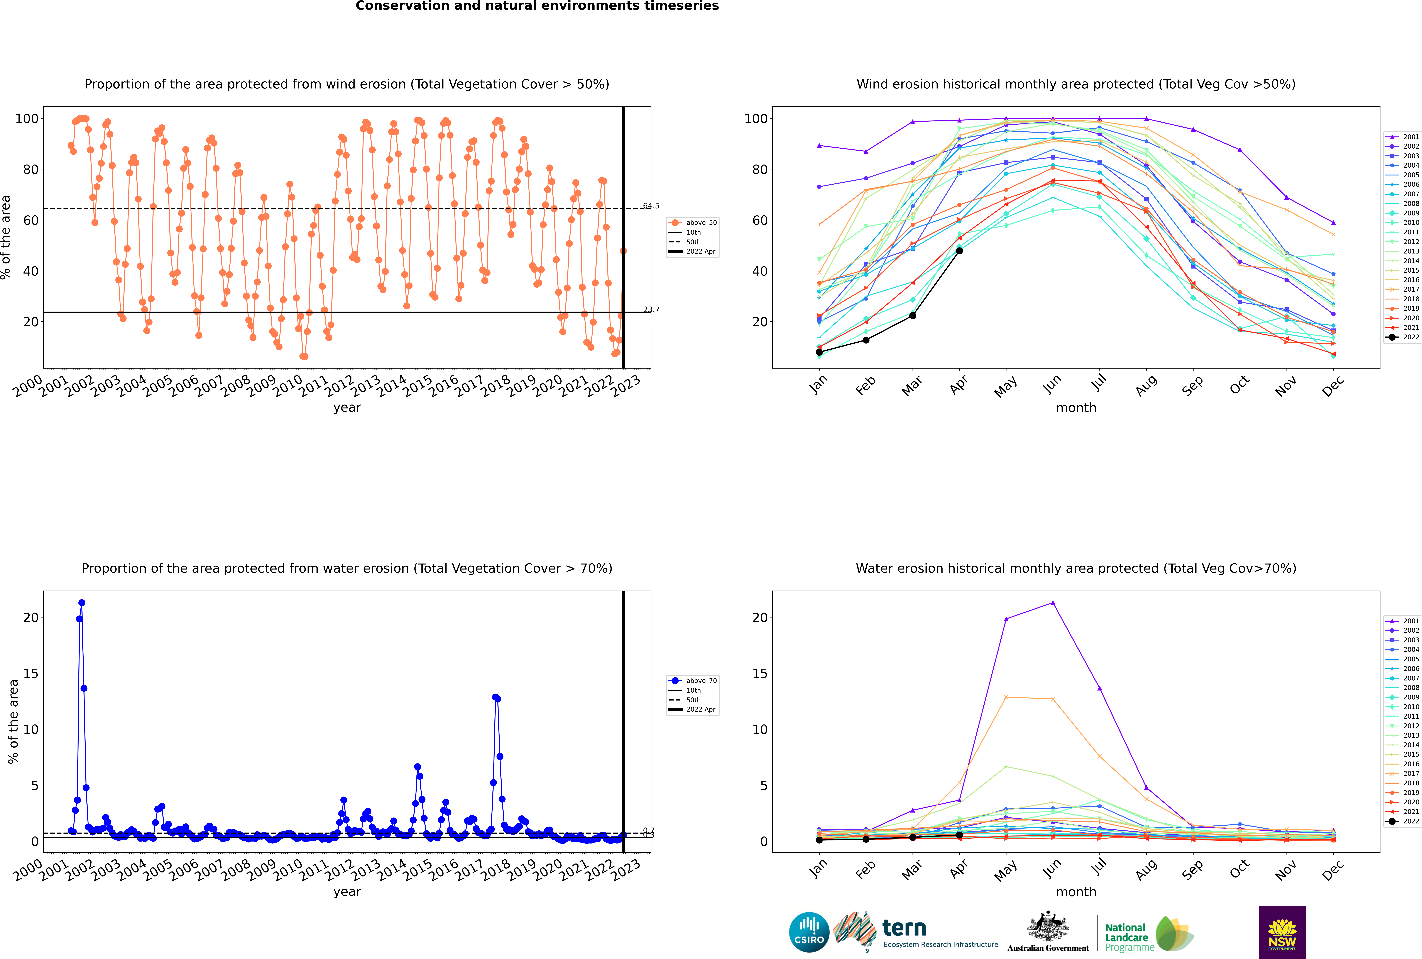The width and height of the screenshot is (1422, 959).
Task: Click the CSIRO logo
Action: pyautogui.click(x=809, y=932)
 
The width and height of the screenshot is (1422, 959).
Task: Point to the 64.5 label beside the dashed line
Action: pyautogui.click(x=651, y=206)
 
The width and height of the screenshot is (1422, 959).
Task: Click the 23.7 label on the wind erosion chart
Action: pyautogui.click(x=651, y=309)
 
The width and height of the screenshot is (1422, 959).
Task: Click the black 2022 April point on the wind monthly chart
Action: pyautogui.click(x=959, y=251)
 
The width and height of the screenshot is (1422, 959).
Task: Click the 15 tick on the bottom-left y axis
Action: pyautogui.click(x=30, y=673)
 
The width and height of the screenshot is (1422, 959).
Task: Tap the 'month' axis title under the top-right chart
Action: pyautogui.click(x=1076, y=408)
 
